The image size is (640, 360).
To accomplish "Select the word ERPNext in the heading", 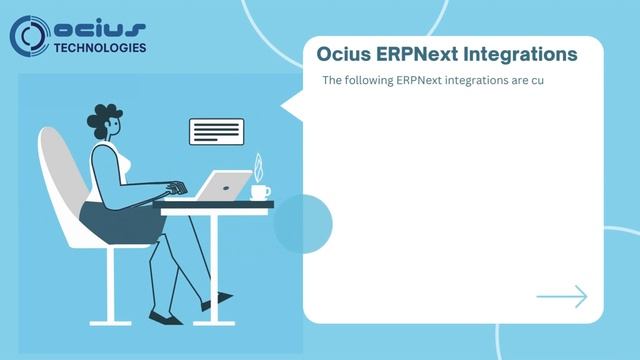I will pos(413,53).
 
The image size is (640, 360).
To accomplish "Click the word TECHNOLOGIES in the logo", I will pos(99,47).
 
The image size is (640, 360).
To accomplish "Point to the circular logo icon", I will pos(29,35).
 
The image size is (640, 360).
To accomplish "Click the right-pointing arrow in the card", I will pos(562,296).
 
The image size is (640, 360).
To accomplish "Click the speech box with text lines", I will pos(216,131).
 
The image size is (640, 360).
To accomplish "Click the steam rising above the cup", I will pos(258,166).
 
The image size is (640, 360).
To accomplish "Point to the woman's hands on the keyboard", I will pos(177,189).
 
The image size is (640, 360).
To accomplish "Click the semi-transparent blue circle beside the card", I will pos(302,223).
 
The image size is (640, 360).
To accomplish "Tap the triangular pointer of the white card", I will pos(291,104).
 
